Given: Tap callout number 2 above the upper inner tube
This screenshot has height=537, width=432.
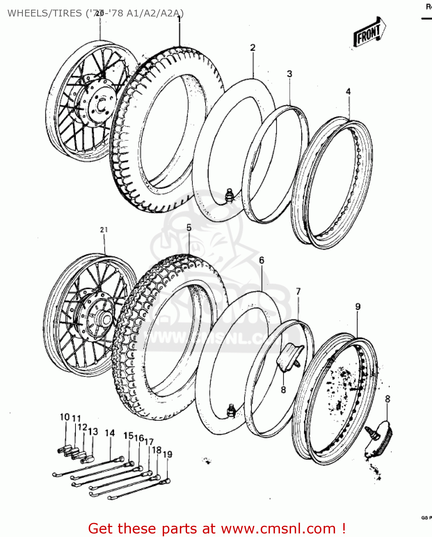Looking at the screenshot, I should click(x=253, y=48).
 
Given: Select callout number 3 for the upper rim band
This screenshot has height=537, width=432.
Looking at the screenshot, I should click(x=289, y=74).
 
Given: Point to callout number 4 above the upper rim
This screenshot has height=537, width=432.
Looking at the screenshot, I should click(x=348, y=92).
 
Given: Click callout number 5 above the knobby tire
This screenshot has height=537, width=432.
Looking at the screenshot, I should click(x=189, y=228).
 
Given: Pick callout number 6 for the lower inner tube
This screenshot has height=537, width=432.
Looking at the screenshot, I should click(x=261, y=260).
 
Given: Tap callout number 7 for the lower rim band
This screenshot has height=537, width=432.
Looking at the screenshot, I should click(x=298, y=292).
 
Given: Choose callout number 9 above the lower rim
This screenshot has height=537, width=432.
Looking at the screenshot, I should click(x=358, y=307).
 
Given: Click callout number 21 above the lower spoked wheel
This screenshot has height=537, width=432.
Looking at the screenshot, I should click(x=104, y=230).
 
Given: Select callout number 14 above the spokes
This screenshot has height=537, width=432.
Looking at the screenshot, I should click(x=110, y=433).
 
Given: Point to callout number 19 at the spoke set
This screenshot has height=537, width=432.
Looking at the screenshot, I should click(x=167, y=454).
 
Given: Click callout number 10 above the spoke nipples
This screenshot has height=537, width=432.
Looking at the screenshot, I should click(x=65, y=417).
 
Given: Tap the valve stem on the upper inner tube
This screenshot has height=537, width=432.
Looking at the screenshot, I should click(x=229, y=196).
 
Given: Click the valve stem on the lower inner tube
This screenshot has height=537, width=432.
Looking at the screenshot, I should click(x=231, y=410).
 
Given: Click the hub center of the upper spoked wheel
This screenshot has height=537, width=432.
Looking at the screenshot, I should click(x=101, y=105).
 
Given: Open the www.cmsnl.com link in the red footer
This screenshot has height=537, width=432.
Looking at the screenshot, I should click(x=278, y=529).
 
